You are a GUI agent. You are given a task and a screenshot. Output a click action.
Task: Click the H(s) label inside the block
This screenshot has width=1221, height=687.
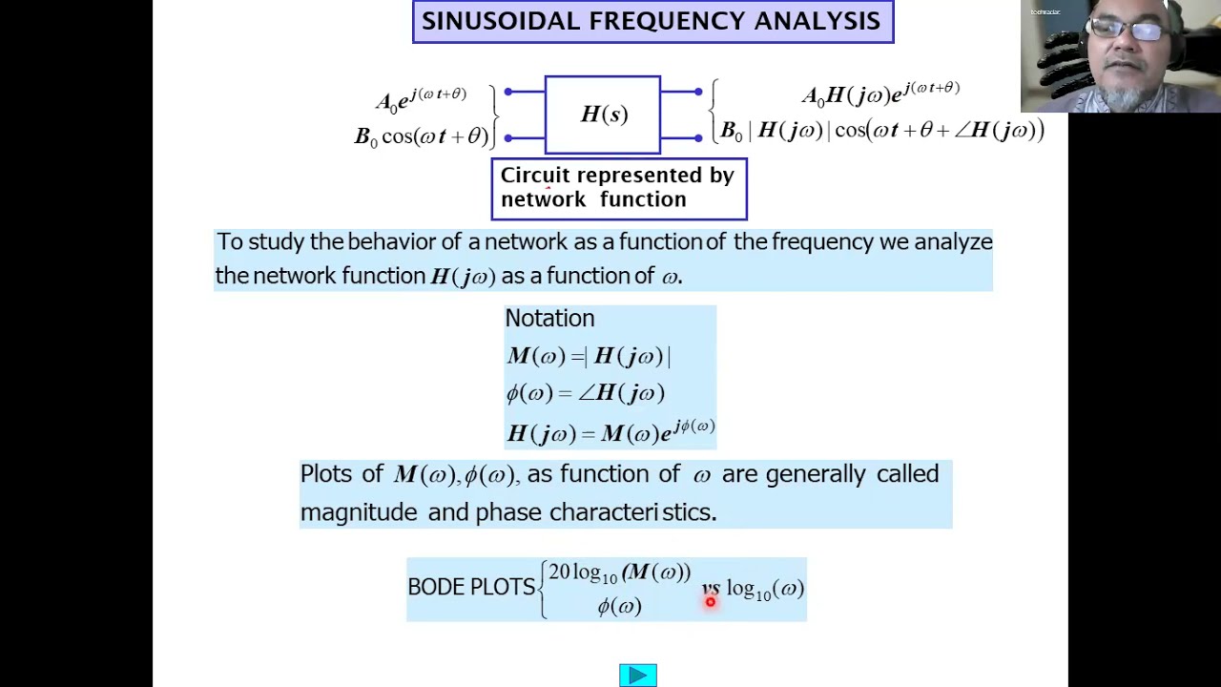(604, 114)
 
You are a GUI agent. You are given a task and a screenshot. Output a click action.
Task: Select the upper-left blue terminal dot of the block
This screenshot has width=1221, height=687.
(508, 92)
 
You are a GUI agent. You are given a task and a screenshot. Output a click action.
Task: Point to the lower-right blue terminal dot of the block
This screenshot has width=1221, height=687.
(698, 138)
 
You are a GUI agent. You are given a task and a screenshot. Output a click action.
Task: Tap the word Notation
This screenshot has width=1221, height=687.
(549, 319)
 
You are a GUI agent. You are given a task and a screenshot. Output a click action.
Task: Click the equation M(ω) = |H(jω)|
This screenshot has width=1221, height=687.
(589, 357)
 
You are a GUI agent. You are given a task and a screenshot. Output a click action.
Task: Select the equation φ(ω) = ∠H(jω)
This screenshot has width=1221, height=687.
(585, 393)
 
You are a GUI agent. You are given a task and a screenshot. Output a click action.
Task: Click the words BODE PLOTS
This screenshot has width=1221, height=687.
(471, 587)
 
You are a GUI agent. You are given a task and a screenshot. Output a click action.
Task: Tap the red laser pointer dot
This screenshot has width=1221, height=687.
(711, 601)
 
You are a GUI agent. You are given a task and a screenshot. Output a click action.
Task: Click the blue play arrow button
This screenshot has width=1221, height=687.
(637, 676)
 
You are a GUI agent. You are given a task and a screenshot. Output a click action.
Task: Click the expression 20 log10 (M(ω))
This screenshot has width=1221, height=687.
(619, 572)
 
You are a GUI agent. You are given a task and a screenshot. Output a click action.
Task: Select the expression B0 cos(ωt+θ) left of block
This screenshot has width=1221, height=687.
(421, 136)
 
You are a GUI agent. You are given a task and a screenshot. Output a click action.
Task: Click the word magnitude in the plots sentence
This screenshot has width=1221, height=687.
(359, 512)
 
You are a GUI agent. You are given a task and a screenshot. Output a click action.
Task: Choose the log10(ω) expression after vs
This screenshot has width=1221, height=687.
(765, 590)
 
